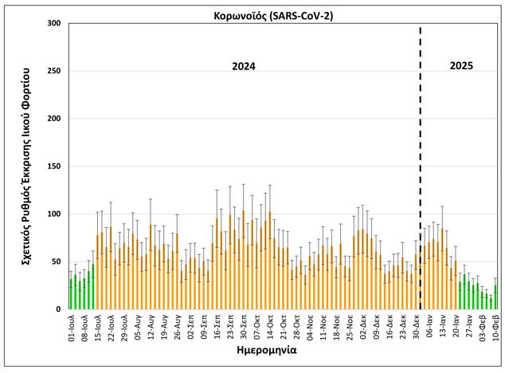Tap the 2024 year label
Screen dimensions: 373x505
pos(243,66)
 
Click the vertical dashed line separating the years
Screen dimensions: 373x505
pos(420,159)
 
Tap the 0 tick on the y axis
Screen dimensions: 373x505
pos(58,309)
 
